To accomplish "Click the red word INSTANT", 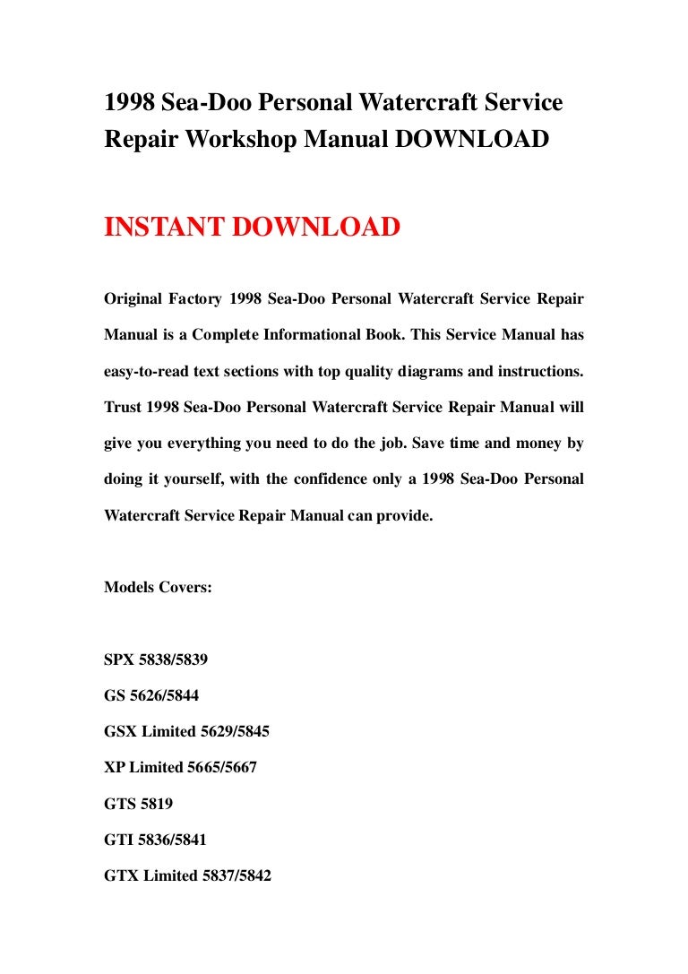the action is (x=165, y=228).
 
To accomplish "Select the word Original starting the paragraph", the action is (x=134, y=297).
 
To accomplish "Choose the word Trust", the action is (x=123, y=407).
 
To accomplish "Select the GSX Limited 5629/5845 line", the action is (x=186, y=731).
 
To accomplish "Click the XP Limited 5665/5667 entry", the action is (x=180, y=768).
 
